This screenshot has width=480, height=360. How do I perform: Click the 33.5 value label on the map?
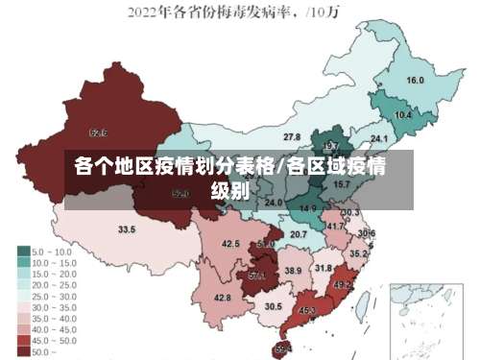click(127, 230)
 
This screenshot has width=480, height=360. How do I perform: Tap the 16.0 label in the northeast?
click(416, 81)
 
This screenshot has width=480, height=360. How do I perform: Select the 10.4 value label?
click(403, 115)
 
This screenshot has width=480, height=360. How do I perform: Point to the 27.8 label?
click(292, 137)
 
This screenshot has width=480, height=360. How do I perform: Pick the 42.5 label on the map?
click(231, 245)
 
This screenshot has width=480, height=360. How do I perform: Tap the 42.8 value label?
click(223, 299)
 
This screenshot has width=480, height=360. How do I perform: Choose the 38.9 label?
click(293, 272)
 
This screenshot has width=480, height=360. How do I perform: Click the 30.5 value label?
click(274, 306)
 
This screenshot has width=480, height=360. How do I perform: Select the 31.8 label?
click(324, 268)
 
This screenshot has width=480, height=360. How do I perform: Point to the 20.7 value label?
click(299, 234)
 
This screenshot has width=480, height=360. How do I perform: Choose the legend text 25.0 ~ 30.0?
click(53, 296)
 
